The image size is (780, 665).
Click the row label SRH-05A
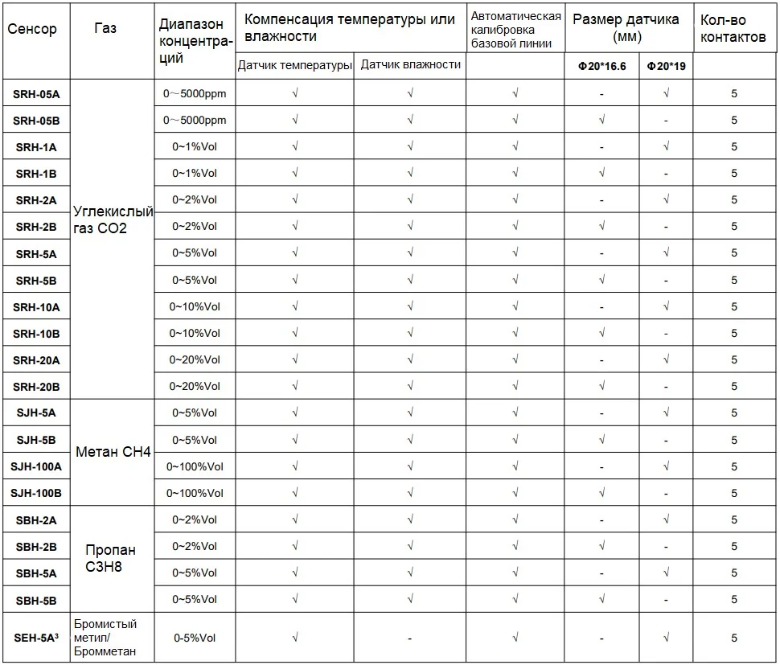tap(37, 94)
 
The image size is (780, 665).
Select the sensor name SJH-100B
tap(37, 493)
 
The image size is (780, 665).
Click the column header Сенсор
tap(32, 29)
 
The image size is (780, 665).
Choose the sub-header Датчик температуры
tap(295, 66)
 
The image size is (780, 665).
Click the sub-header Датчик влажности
tap(410, 64)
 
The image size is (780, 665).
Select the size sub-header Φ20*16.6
tap(601, 66)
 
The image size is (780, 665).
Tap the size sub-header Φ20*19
tap(666, 66)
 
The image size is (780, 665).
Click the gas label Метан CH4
tap(113, 452)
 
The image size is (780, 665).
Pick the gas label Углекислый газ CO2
tap(113, 220)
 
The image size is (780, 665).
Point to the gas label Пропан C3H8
tap(111, 559)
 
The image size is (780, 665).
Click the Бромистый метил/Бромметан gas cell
tap(105, 638)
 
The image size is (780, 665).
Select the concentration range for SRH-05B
tap(195, 121)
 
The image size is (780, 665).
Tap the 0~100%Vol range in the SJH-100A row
tap(195, 466)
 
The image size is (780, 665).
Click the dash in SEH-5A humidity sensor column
tap(410, 638)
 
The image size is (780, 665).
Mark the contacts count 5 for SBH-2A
tap(733, 520)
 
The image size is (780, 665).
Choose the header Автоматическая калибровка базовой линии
tap(515, 29)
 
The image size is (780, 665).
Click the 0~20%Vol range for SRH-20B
tap(195, 386)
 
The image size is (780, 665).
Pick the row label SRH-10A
tap(37, 307)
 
